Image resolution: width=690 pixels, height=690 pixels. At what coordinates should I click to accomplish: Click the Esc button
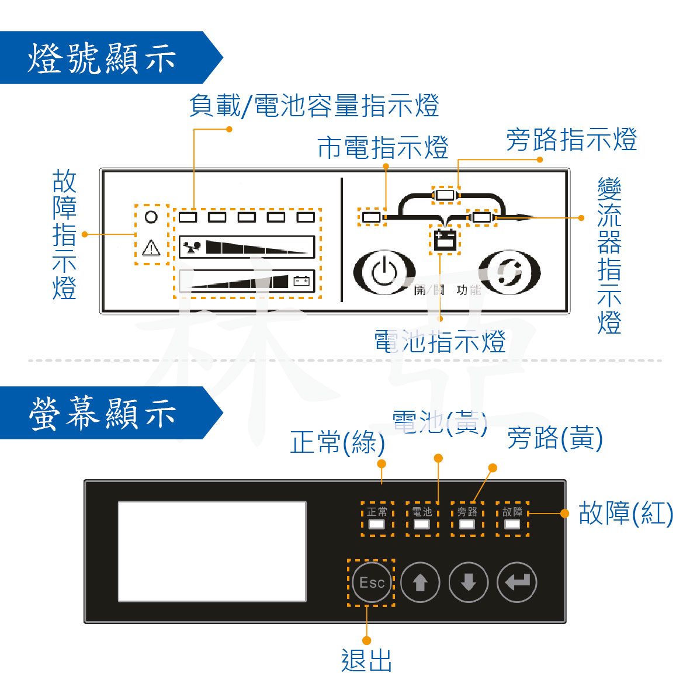372,582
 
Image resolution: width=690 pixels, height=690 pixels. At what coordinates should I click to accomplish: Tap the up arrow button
420,582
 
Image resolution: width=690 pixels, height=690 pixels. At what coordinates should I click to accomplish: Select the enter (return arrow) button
516,582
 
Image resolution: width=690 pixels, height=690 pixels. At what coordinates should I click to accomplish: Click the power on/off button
384,272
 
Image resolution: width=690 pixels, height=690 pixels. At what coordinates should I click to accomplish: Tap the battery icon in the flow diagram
445,240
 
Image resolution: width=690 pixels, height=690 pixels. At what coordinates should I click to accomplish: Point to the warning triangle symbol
151,248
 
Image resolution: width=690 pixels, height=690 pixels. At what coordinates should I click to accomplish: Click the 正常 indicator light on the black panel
377,523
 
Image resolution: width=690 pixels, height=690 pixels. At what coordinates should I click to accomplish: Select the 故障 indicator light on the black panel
512,523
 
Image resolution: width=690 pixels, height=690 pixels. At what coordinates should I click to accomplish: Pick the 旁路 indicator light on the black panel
467,523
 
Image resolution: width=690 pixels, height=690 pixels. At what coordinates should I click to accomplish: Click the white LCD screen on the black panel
212,551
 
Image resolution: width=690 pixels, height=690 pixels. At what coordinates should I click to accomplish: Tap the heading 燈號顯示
102,58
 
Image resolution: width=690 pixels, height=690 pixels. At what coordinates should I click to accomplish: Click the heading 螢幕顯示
102,413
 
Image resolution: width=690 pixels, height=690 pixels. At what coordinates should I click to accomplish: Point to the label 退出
366,661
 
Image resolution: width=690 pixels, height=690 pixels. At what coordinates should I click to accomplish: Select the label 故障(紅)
626,513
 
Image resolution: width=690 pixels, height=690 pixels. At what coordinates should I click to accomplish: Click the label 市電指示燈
383,147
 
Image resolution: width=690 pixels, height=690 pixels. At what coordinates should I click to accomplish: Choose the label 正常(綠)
338,442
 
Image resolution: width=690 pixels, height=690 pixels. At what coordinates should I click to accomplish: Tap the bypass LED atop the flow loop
445,195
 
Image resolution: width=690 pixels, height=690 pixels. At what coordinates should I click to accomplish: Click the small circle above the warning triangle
151,217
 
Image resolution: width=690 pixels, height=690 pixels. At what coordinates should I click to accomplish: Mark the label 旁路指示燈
571,140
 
